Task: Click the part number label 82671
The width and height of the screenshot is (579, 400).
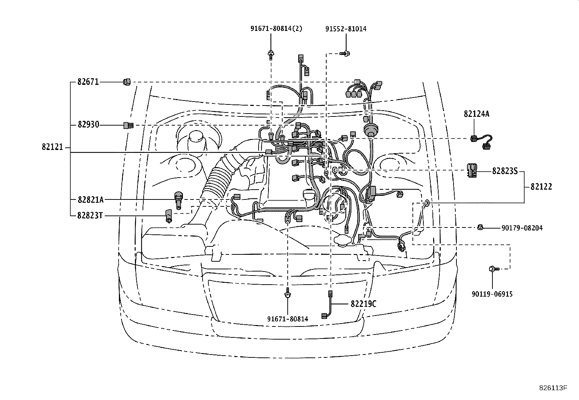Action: pos(88,82)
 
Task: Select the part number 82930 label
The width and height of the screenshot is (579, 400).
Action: pos(88,125)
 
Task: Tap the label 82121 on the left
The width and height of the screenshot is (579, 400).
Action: pos(52,147)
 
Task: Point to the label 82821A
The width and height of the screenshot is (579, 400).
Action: pos(91,199)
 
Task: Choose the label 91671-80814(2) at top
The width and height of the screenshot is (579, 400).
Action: pos(276,29)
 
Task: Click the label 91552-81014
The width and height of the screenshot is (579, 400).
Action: pos(346,29)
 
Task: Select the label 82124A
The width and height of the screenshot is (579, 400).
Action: pos(476,114)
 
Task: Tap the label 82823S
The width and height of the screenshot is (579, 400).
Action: pos(504,171)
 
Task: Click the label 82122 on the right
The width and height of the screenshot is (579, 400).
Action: pos(541,187)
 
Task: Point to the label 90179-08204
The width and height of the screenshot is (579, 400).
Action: pos(522,228)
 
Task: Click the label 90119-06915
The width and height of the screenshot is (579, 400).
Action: pos(492,294)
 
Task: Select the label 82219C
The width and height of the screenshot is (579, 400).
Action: pos(363,303)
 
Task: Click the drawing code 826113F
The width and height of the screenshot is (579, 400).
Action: pos(553,388)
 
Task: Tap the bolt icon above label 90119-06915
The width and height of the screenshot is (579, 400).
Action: pos(492,269)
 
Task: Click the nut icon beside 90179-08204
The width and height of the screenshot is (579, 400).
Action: pos(480,228)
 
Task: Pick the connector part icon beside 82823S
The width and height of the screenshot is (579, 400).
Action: pos(472,170)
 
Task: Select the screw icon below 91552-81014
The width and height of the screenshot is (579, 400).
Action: pos(345,54)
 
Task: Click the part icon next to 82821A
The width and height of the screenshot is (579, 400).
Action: pos(178,199)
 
